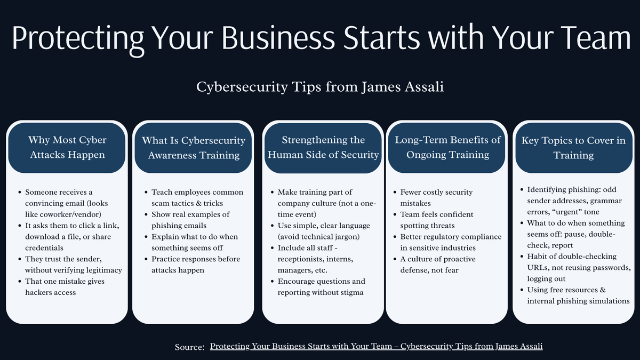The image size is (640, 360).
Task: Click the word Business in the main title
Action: pyautogui.click(x=266, y=38)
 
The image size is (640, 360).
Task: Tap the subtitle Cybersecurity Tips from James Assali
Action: pyautogui.click(x=319, y=87)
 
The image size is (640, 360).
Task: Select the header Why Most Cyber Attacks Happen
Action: pyautogui.click(x=67, y=147)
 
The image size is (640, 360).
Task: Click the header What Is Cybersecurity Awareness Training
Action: pyautogui.click(x=194, y=147)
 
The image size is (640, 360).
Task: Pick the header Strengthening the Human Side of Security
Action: pyautogui.click(x=323, y=147)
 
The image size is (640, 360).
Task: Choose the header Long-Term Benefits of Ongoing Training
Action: pyautogui.click(x=447, y=147)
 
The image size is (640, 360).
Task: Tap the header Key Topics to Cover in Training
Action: pyautogui.click(x=573, y=148)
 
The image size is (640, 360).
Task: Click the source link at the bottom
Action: pyautogui.click(x=376, y=346)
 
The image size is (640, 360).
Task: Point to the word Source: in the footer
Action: pyautogui.click(x=189, y=347)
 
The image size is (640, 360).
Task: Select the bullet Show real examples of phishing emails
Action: pyautogui.click(x=190, y=220)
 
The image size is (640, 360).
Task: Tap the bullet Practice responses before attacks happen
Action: pyautogui.click(x=195, y=264)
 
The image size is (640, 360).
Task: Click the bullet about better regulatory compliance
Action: pyautogui.click(x=451, y=242)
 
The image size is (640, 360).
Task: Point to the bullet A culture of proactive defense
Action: pyautogui.click(x=438, y=264)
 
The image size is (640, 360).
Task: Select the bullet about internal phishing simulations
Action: pyautogui.click(x=578, y=295)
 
